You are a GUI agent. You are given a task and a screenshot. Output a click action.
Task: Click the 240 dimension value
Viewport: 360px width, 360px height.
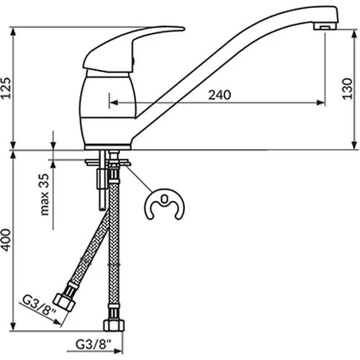[x=220, y=95]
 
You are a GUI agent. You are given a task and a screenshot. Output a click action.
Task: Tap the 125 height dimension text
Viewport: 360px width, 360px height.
[x=6, y=88]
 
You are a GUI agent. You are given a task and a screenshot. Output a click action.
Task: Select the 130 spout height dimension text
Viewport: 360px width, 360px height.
[x=347, y=88]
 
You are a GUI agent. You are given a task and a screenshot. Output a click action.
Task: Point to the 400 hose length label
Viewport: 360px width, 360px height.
[x=6, y=240]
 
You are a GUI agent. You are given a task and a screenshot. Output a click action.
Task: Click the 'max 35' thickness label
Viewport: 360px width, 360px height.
[x=45, y=194]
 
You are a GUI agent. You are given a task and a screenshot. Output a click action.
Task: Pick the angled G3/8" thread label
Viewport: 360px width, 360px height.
[x=39, y=305]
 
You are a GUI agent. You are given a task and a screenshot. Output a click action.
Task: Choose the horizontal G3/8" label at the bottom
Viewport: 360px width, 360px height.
[x=94, y=345]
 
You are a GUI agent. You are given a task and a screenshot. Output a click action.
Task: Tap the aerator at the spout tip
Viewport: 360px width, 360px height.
[x=325, y=26]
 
